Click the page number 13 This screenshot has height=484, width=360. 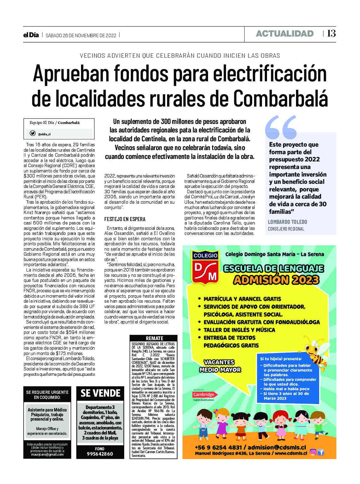331,33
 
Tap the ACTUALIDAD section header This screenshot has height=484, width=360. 285,34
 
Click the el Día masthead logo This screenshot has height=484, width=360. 31,35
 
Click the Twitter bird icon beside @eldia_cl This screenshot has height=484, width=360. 32,133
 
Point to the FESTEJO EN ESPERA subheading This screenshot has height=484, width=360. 125,219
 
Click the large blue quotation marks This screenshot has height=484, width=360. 281,127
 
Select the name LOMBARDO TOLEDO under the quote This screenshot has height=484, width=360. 287,222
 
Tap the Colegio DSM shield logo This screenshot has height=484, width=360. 206,267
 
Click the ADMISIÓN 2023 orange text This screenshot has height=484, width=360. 276,280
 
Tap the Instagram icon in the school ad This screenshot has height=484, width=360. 313,452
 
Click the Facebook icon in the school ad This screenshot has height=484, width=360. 321,452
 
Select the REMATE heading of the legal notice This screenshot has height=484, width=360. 154,338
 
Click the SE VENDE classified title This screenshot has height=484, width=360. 101,393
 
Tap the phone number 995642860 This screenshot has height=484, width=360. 100,454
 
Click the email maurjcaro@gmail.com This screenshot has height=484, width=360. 47,454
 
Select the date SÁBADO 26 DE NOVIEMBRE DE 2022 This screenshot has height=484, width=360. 81,36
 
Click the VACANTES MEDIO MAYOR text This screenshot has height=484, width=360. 220,366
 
